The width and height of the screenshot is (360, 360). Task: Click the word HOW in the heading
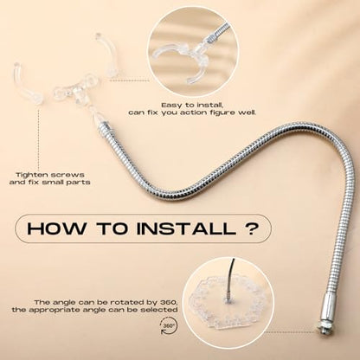[x=56, y=228]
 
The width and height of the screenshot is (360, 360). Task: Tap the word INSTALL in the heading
[x=186, y=228]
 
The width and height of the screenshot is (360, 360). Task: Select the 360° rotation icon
[x=169, y=326]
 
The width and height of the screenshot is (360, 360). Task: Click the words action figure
[x=208, y=112]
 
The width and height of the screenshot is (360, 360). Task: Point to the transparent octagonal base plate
[x=227, y=304]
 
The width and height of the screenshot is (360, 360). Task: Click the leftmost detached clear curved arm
[x=25, y=82]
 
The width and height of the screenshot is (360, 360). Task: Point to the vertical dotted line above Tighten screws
[x=39, y=135]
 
